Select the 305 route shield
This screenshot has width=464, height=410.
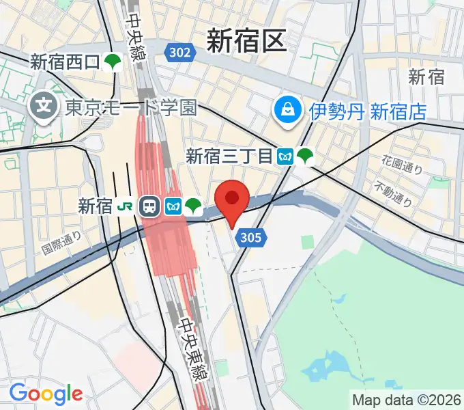[x=250, y=237]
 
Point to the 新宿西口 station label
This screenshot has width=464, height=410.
[x=65, y=63]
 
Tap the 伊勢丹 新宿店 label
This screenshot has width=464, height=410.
[x=368, y=110]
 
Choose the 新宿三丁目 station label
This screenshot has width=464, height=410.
[x=229, y=156]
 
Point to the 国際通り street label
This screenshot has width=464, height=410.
[x=61, y=242]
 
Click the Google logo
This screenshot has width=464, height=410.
[x=46, y=394]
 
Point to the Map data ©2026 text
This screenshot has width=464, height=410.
[x=407, y=400]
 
